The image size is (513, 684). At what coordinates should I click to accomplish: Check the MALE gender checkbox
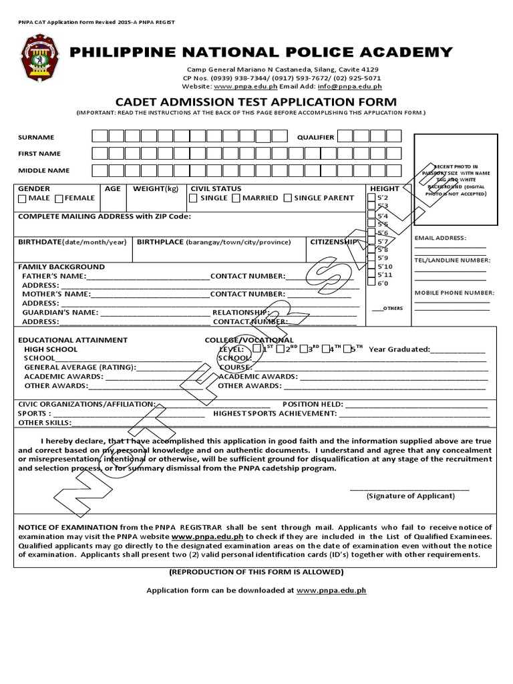click(23, 198)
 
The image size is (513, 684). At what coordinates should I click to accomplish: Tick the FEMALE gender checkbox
click(59, 198)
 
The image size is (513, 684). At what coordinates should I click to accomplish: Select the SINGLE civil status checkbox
click(193, 198)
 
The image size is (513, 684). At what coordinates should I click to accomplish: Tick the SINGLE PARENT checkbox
click(287, 198)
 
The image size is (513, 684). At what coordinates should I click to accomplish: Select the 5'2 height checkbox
click(373, 198)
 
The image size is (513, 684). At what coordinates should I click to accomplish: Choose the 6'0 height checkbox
click(373, 284)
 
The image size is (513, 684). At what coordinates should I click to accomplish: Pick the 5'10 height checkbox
click(373, 267)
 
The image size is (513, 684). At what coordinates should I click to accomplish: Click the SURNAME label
click(36, 138)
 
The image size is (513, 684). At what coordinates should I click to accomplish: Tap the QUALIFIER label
click(315, 138)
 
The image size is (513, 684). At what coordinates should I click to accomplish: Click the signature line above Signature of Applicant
click(409, 490)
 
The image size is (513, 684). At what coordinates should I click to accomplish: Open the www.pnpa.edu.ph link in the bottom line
click(331, 590)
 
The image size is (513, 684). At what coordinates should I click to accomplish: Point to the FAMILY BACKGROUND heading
click(61, 267)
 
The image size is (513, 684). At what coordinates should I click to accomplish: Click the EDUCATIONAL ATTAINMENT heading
click(73, 340)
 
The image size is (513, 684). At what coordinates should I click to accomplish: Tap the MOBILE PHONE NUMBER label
click(454, 293)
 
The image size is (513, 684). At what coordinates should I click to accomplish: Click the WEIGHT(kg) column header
click(156, 189)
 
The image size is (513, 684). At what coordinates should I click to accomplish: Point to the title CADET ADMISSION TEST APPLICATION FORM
click(256, 102)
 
